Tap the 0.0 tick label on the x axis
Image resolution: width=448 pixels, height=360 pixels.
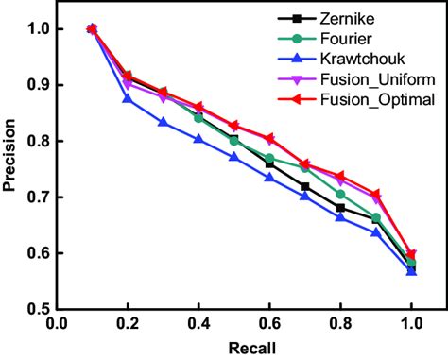point(57,324)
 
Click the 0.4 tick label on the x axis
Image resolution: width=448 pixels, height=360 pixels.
point(198,324)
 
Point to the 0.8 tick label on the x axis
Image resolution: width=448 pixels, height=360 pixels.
point(340,324)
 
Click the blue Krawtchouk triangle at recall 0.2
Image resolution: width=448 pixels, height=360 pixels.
point(128,98)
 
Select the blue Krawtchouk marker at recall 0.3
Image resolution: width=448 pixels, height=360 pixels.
point(164,122)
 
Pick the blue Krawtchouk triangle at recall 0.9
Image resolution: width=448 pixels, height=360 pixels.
point(375,231)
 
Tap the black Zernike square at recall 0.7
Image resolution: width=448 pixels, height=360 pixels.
point(304,187)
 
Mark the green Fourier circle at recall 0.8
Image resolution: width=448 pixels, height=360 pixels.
point(340,194)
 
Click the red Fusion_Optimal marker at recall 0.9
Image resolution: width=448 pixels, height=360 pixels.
point(375,193)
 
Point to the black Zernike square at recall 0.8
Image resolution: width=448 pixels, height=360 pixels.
point(340,208)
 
